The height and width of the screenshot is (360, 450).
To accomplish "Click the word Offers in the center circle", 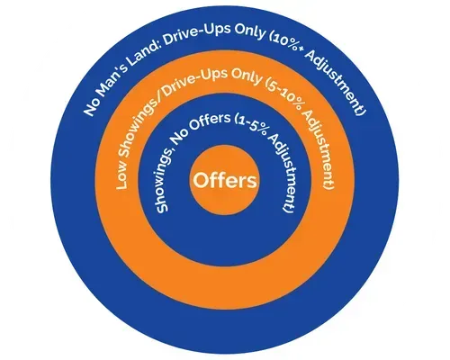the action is pos(225,181).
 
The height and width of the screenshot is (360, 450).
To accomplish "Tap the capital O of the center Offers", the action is pos(202,181).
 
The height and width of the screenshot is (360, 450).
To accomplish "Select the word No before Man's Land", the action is pos(91,107).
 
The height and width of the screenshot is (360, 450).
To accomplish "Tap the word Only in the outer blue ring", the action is pos(250,33).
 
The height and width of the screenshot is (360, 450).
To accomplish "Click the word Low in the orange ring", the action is pos(121,177).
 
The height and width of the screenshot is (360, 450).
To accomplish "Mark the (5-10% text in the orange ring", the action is pos(286,93).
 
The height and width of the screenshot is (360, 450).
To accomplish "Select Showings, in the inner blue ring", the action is pos(165,177).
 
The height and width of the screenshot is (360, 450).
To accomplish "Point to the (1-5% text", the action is pos(248,124).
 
